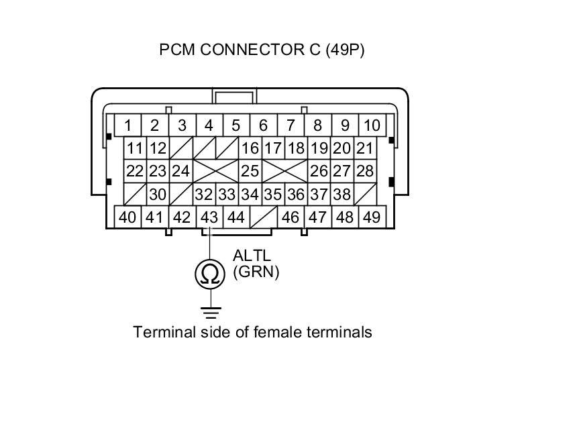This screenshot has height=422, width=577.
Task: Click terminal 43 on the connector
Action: click(x=209, y=217)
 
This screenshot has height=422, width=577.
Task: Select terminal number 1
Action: click(x=127, y=125)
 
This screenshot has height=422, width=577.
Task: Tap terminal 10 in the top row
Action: click(x=371, y=125)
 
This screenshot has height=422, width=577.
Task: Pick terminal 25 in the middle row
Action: click(x=250, y=171)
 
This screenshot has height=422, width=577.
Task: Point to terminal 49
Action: click(x=371, y=217)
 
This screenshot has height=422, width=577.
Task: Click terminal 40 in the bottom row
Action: click(x=127, y=217)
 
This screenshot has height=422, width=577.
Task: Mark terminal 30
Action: click(x=157, y=195)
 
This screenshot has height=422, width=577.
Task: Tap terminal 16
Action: click(x=250, y=148)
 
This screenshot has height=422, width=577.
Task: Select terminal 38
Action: click(x=342, y=195)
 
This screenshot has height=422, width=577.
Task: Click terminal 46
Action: click(x=291, y=217)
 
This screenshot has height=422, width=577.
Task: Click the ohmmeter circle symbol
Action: click(x=209, y=273)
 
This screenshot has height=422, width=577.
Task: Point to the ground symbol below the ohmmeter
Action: click(x=209, y=311)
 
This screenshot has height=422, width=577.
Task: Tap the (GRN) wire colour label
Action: click(x=256, y=272)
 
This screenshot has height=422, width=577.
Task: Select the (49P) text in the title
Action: click(x=345, y=50)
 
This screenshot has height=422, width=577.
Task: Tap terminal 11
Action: click(x=135, y=148)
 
